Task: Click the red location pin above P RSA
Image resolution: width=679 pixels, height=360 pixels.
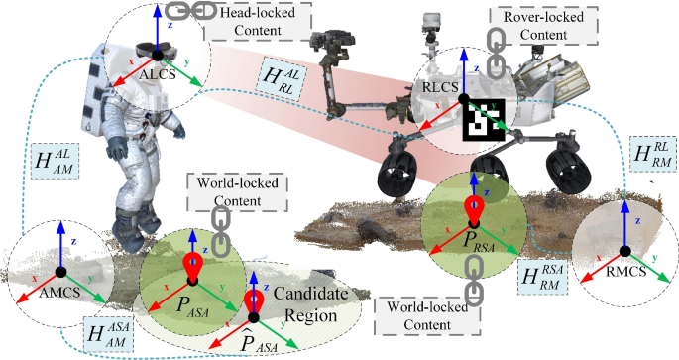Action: click(478, 212)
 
